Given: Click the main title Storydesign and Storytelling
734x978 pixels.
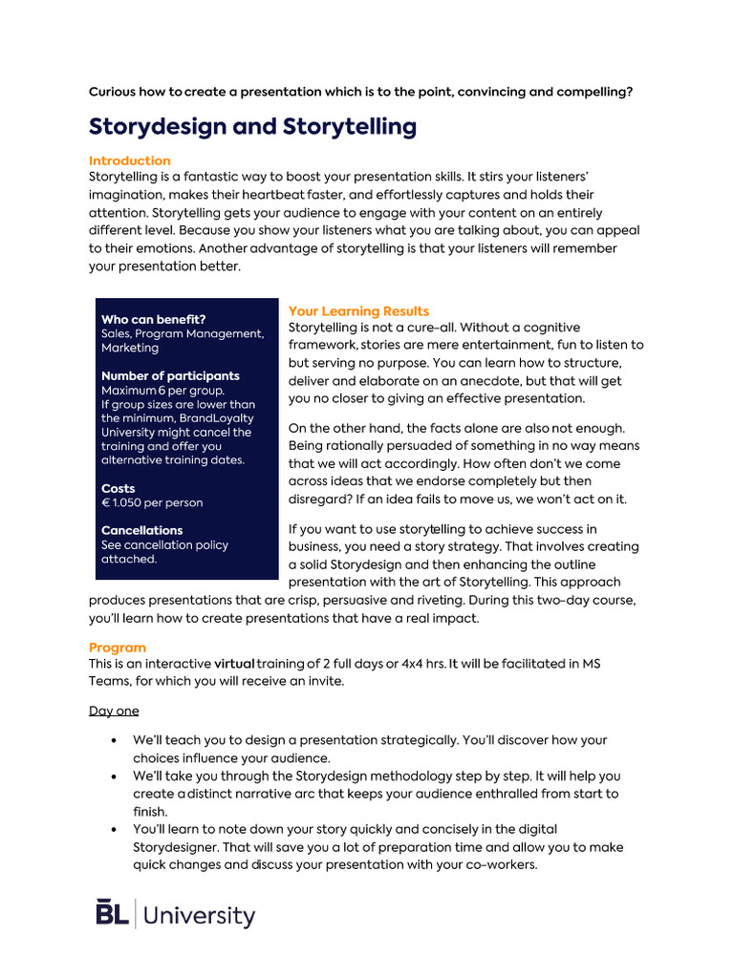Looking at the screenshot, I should click(x=252, y=127).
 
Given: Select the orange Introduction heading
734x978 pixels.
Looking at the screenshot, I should click(x=130, y=160).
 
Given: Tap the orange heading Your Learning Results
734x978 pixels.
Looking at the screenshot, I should click(x=358, y=311).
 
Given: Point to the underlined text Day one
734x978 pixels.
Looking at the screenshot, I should click(x=114, y=711).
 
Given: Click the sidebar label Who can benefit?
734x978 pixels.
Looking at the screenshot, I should click(x=153, y=319).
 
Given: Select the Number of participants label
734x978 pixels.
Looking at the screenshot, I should click(x=170, y=375).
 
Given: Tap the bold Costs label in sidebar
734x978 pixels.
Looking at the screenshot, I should click(x=119, y=488).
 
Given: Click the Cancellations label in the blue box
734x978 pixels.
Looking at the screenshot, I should click(x=141, y=530).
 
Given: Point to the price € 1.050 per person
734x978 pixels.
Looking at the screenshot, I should click(x=152, y=502).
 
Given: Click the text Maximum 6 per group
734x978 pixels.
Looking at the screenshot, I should click(x=162, y=391).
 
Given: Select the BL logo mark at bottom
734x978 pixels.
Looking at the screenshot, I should click(x=113, y=913).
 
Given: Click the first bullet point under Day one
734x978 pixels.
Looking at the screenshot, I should click(x=115, y=740).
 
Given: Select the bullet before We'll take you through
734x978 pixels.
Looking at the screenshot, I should click(x=115, y=776).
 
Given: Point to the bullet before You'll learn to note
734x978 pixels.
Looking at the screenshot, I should click(x=115, y=829).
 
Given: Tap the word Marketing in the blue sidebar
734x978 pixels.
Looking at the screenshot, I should click(x=130, y=348).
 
